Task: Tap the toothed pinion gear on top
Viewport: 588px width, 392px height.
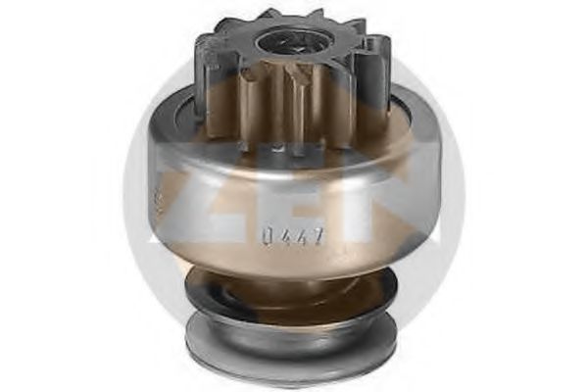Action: point(294,78)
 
